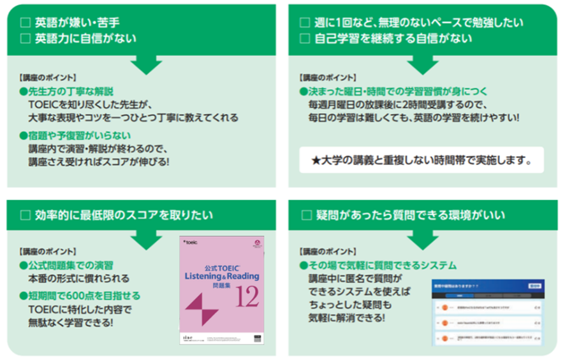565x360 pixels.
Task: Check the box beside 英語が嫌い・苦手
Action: tap(26, 22)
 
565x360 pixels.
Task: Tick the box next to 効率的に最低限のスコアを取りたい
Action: tap(26, 215)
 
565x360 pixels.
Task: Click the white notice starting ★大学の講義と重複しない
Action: tap(422, 161)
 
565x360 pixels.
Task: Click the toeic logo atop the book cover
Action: tap(190, 243)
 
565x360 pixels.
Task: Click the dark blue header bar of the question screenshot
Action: tap(488, 285)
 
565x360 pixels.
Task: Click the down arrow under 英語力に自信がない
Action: tap(147, 64)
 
